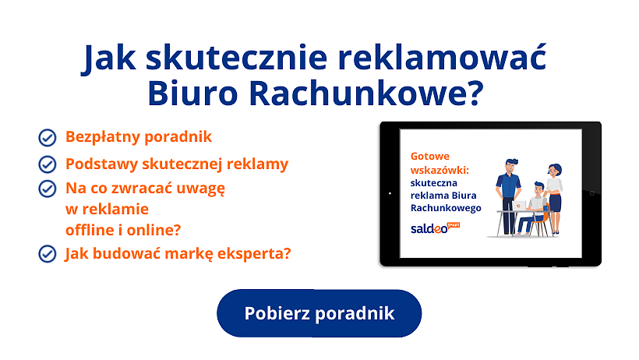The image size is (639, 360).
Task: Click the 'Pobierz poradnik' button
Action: tap(319, 313)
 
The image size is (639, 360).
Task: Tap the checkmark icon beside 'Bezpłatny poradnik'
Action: tap(48, 138)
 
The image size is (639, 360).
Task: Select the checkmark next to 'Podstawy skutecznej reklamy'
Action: tap(48, 164)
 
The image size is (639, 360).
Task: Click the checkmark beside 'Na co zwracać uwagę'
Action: tap(48, 189)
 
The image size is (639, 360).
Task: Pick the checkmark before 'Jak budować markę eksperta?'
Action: tap(48, 253)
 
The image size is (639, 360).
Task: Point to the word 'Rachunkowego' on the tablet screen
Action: tap(445, 208)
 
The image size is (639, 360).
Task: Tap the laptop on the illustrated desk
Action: tap(520, 206)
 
